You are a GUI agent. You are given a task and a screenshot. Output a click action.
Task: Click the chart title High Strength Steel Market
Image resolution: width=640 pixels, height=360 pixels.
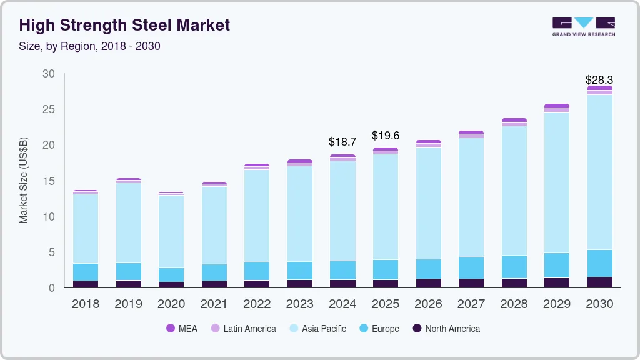coord(124,25)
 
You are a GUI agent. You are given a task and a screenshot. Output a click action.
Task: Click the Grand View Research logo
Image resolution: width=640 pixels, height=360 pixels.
coord(583,26)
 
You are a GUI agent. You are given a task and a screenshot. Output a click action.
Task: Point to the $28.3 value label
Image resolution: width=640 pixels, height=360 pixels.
coord(599,80)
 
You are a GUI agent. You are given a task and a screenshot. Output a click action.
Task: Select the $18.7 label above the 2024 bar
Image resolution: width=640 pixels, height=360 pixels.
coord(342,142)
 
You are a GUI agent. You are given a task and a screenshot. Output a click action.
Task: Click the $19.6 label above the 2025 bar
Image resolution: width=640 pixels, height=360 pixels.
coord(385,135)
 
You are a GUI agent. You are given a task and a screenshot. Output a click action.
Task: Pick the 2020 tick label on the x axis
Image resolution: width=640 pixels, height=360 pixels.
coord(171,304)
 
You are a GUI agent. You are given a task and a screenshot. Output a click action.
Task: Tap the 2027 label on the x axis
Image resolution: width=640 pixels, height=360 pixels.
coord(471,304)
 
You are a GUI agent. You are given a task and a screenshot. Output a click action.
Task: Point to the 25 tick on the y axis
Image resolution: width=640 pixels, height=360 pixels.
coord(48,110)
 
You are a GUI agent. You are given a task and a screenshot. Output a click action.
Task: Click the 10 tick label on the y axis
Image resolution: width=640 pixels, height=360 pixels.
coord(48,217)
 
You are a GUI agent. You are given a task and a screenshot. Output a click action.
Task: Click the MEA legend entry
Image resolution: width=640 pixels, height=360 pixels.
coord(182,328)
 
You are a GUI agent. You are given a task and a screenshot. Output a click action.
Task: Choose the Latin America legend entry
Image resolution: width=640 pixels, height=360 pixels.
coord(243,328)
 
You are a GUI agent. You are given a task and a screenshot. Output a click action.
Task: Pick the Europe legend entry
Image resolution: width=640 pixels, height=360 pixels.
coord(379,328)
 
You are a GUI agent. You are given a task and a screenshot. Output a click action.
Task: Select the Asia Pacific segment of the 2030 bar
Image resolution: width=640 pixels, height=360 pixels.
coord(599,172)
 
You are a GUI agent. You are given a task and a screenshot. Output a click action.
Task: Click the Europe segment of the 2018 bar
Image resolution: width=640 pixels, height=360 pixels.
coord(85,272)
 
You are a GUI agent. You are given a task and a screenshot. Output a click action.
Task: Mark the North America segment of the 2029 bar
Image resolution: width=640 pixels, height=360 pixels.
coord(556,282)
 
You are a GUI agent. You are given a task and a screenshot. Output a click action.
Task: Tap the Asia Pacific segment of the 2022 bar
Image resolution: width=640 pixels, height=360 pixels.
coord(256,216)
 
